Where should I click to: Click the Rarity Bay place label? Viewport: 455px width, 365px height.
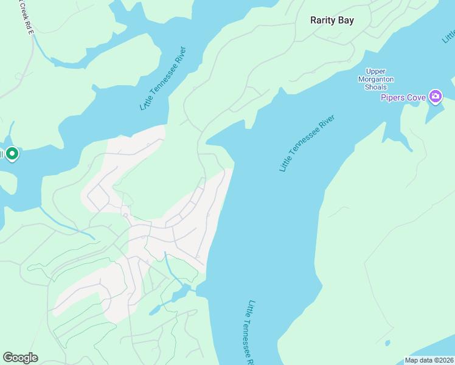pos(332,20)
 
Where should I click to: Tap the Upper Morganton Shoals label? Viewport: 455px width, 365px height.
pos(375,79)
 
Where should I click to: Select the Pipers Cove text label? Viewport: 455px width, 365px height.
pos(403,97)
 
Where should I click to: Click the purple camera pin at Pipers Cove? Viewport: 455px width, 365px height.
pos(435,96)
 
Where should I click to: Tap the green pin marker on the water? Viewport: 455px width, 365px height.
pos(12,153)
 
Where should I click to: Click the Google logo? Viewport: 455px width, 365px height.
pos(20,358)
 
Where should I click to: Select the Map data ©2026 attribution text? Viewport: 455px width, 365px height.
pos(429,360)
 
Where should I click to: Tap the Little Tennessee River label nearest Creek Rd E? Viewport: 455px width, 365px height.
pos(162,78)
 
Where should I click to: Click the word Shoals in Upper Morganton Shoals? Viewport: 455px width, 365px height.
pos(375,87)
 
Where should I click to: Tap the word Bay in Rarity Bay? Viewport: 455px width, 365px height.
pos(346,20)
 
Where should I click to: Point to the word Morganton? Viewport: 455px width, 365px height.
pos(375,79)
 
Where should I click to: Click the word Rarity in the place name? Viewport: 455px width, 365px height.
pos(324,20)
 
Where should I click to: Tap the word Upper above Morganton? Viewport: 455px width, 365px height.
pos(375,71)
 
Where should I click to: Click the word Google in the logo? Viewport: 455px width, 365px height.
pos(20,358)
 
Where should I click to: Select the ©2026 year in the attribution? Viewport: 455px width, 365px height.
pos(442,360)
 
